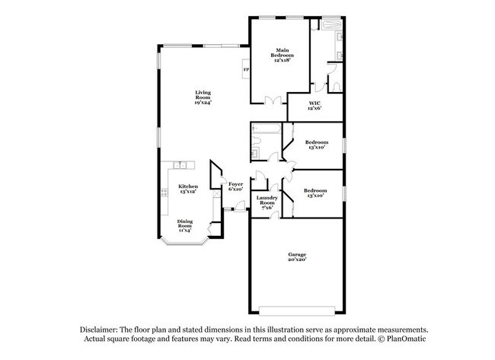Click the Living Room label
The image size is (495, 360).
[x=202, y=96]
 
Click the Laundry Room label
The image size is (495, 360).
[x=266, y=200]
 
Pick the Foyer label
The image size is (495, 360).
[x=236, y=183]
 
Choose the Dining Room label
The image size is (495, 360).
[x=186, y=224]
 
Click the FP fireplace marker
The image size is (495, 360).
[x=246, y=70]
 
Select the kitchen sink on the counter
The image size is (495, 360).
[x=180, y=164]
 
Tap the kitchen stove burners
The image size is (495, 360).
[x=164, y=194]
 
